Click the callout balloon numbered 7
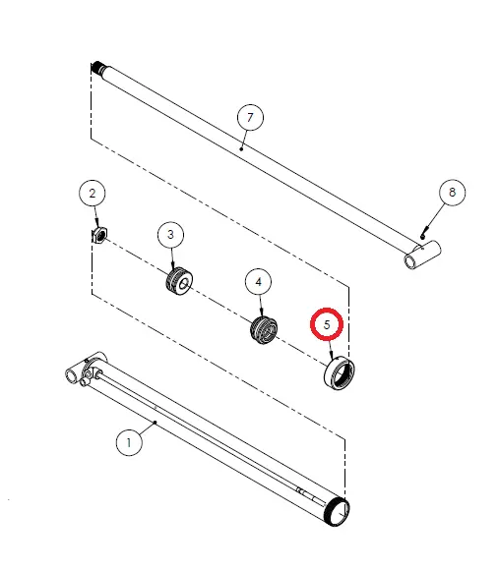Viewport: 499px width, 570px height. [x=250, y=117]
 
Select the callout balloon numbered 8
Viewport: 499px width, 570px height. [x=452, y=193]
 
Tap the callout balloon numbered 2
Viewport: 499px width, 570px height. [x=93, y=193]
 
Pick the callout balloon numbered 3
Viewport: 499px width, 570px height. [x=170, y=235]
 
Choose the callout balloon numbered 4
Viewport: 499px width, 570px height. [x=259, y=282]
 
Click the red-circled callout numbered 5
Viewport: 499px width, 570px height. [x=327, y=324]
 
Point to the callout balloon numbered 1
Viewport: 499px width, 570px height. [x=129, y=442]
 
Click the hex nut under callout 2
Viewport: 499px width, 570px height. [x=99, y=235]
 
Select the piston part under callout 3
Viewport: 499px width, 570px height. [x=178, y=281]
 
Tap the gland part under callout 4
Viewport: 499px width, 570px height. [x=264, y=330]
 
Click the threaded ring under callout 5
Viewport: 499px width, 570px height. [x=339, y=374]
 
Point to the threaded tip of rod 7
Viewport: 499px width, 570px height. [x=98, y=67]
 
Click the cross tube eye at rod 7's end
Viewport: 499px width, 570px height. [x=422, y=255]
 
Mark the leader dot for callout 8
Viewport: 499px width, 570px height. [x=422, y=237]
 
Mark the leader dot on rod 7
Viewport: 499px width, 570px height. [x=241, y=148]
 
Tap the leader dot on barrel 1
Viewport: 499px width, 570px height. [x=156, y=423]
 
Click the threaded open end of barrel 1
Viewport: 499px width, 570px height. [x=337, y=512]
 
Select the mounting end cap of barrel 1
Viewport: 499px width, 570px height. [x=87, y=369]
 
